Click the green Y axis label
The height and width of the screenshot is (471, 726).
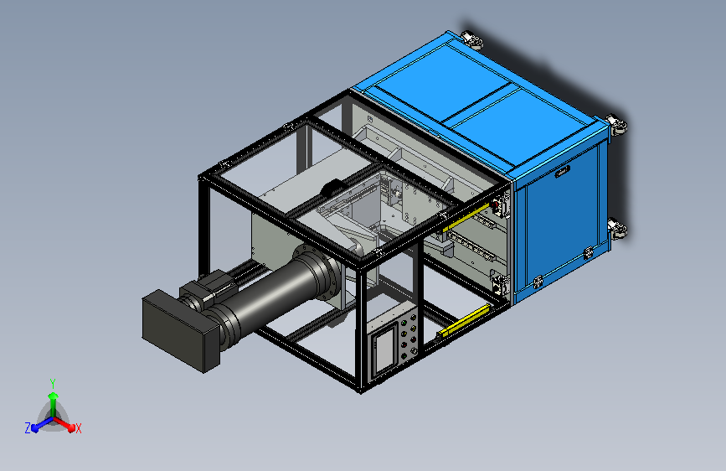click(x=53, y=383)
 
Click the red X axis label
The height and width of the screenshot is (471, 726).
click(x=78, y=428)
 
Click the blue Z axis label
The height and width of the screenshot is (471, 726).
click(x=28, y=428)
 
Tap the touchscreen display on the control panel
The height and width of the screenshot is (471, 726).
click(x=385, y=347)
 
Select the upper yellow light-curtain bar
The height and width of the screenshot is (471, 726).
click(x=466, y=217)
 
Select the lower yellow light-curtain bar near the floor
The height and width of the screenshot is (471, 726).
click(x=463, y=320)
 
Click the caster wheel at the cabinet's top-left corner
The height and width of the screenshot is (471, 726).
click(x=472, y=40)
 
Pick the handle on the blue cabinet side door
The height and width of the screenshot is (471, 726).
click(x=562, y=172)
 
